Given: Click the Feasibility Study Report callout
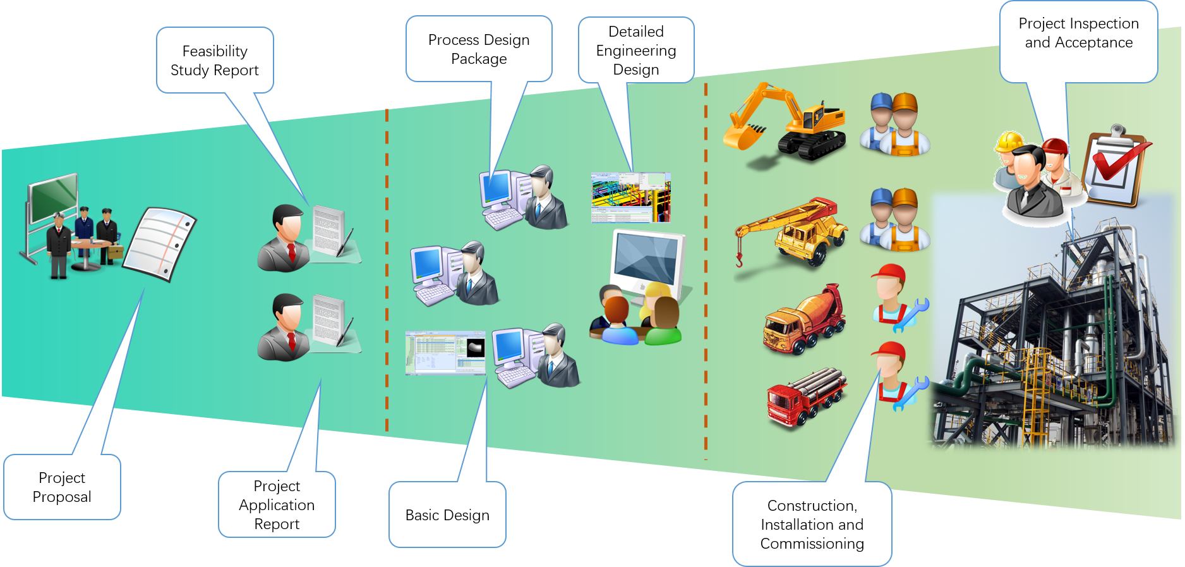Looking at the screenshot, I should coord(215,61).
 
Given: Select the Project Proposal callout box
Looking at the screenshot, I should coord(62,487).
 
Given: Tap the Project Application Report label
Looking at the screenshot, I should coord(277,505).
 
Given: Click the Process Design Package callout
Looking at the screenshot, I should coord(479,49).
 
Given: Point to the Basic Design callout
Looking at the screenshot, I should coord(447,515).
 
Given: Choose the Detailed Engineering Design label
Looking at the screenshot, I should coord(636,51).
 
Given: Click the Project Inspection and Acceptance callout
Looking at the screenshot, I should coord(1079,34).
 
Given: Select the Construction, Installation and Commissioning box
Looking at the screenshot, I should coord(812,525).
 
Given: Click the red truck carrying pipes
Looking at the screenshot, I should coord(806,395).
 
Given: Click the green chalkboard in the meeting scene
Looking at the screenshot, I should coord(54,197).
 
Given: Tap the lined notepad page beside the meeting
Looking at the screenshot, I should coord(159,243).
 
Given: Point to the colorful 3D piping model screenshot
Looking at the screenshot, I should coord(630,197).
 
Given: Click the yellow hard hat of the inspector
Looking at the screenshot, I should coord(1009,142).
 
